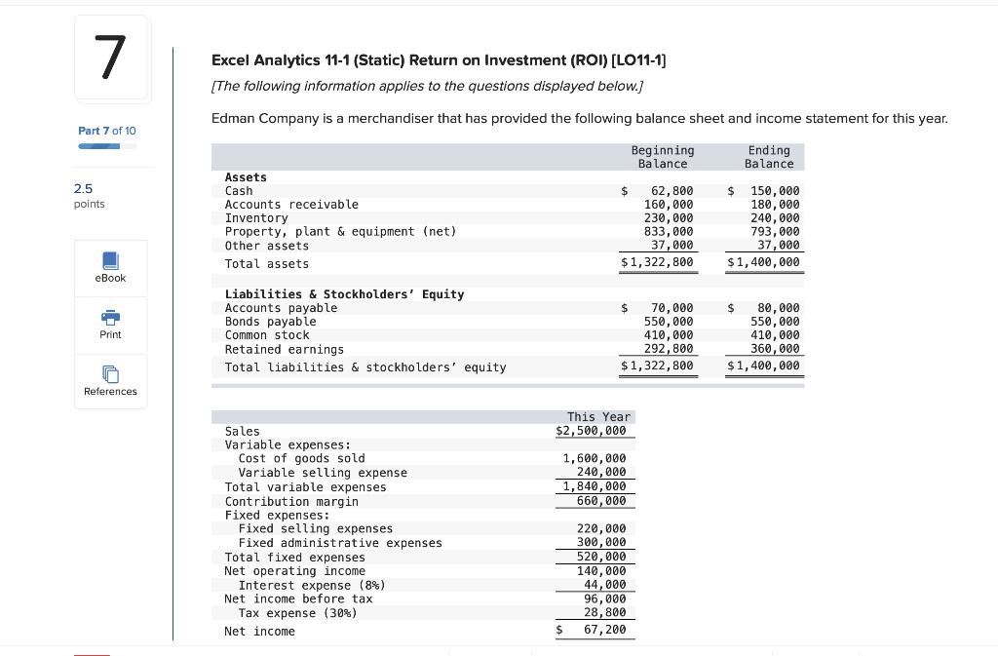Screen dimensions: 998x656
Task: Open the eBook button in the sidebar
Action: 110,266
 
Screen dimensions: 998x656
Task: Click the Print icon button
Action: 110,323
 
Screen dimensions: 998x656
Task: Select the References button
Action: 110,379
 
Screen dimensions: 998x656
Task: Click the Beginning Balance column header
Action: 663,157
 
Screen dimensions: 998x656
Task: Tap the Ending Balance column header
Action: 769,157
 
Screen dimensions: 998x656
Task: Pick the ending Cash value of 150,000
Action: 775,191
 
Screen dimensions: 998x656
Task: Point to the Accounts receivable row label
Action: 291,205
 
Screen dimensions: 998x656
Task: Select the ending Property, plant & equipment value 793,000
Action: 775,232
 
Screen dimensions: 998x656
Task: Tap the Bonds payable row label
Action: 270,322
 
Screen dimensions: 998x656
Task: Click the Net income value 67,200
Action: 604,631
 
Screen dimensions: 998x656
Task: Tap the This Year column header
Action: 598,417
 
